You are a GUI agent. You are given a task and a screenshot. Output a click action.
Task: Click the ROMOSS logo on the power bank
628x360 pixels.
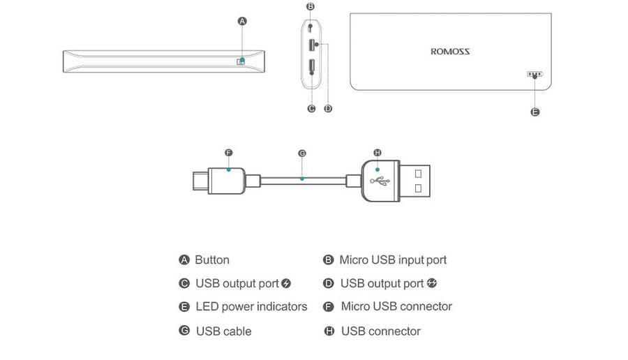[450, 51]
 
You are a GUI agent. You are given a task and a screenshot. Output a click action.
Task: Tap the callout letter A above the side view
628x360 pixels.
[242, 21]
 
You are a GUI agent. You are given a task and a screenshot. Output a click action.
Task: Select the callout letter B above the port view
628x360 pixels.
[311, 6]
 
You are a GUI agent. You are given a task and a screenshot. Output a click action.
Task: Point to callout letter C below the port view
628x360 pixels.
[311, 108]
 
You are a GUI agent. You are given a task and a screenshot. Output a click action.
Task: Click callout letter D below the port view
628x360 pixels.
[328, 108]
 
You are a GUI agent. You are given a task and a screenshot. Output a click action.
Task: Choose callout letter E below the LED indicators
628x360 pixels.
[535, 112]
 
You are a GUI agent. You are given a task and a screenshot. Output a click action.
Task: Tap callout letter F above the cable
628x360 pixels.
[228, 152]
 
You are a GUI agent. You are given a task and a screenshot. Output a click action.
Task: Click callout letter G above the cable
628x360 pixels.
[301, 152]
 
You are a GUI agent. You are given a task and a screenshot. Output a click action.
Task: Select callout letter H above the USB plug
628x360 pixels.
[377, 152]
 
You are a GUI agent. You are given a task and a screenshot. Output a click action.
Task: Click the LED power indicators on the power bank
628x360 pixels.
[534, 74]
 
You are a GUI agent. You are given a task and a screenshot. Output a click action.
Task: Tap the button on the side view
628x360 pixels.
[241, 61]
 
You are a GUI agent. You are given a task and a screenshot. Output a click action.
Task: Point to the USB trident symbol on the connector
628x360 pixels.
[380, 181]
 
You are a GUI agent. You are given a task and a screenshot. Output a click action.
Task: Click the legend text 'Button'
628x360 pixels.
[212, 260]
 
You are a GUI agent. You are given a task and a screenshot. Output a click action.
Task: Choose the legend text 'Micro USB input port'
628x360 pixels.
[393, 260]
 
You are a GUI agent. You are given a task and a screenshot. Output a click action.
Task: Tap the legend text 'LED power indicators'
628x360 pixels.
[251, 306]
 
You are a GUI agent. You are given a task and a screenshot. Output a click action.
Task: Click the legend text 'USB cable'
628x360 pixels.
[223, 331]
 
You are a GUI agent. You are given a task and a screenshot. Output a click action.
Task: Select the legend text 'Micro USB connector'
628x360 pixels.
[396, 306]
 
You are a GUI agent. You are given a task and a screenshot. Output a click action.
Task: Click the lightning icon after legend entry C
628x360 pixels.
[286, 283]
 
